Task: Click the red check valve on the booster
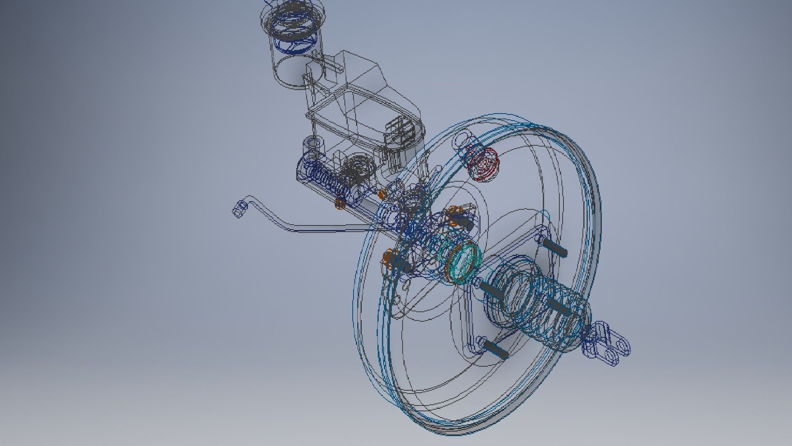pyautogui.click(x=483, y=164)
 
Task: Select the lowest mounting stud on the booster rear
pyautogui.click(x=495, y=349)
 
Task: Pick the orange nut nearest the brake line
pyautogui.click(x=340, y=203)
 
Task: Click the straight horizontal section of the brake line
pyautogui.click(x=330, y=228)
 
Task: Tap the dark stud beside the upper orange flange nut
pyautogui.click(x=466, y=223)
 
